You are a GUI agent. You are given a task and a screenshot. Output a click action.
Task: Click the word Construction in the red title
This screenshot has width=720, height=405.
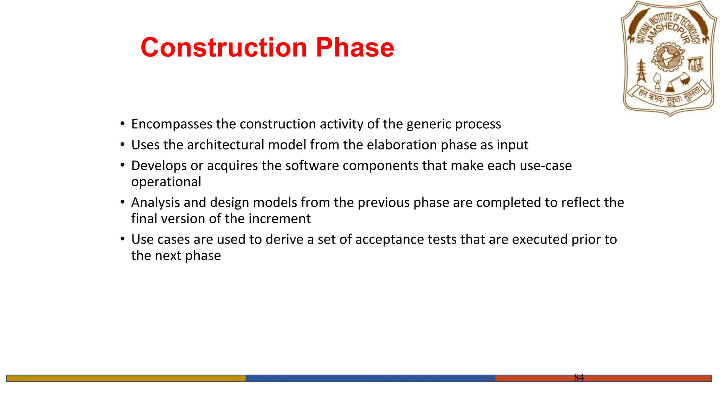(x=224, y=47)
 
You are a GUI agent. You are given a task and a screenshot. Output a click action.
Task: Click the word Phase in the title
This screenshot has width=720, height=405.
(x=355, y=47)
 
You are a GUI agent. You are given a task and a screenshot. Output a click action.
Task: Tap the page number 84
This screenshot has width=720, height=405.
(x=579, y=377)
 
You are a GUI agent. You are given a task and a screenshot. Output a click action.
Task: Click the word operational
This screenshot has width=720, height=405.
(x=166, y=182)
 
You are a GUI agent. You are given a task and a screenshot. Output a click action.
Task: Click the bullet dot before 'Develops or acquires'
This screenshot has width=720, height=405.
(x=122, y=165)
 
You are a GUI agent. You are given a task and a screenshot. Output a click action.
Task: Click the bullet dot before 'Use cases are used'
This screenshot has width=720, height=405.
(x=122, y=239)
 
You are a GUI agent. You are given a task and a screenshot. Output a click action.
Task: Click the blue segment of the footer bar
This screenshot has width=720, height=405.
(x=370, y=378)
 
